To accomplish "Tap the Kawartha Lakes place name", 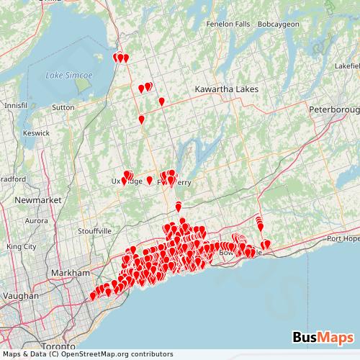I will coord(222,89).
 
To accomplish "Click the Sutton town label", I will coord(63,107).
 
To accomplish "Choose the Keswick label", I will coord(36,133).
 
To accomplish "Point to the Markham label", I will coord(70,274).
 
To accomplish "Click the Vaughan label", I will coord(21,295).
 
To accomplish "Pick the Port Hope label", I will coord(342,238).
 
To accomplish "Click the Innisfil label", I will coord(15,105).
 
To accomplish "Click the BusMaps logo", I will coord(323,337).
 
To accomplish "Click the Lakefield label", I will coord(346,65).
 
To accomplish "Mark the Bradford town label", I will coord(12,179).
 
